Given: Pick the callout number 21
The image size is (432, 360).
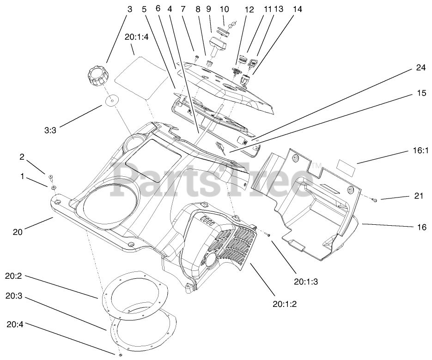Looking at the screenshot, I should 418,196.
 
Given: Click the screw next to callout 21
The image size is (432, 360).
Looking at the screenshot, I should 374,200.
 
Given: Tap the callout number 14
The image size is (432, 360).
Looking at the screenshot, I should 298,9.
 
